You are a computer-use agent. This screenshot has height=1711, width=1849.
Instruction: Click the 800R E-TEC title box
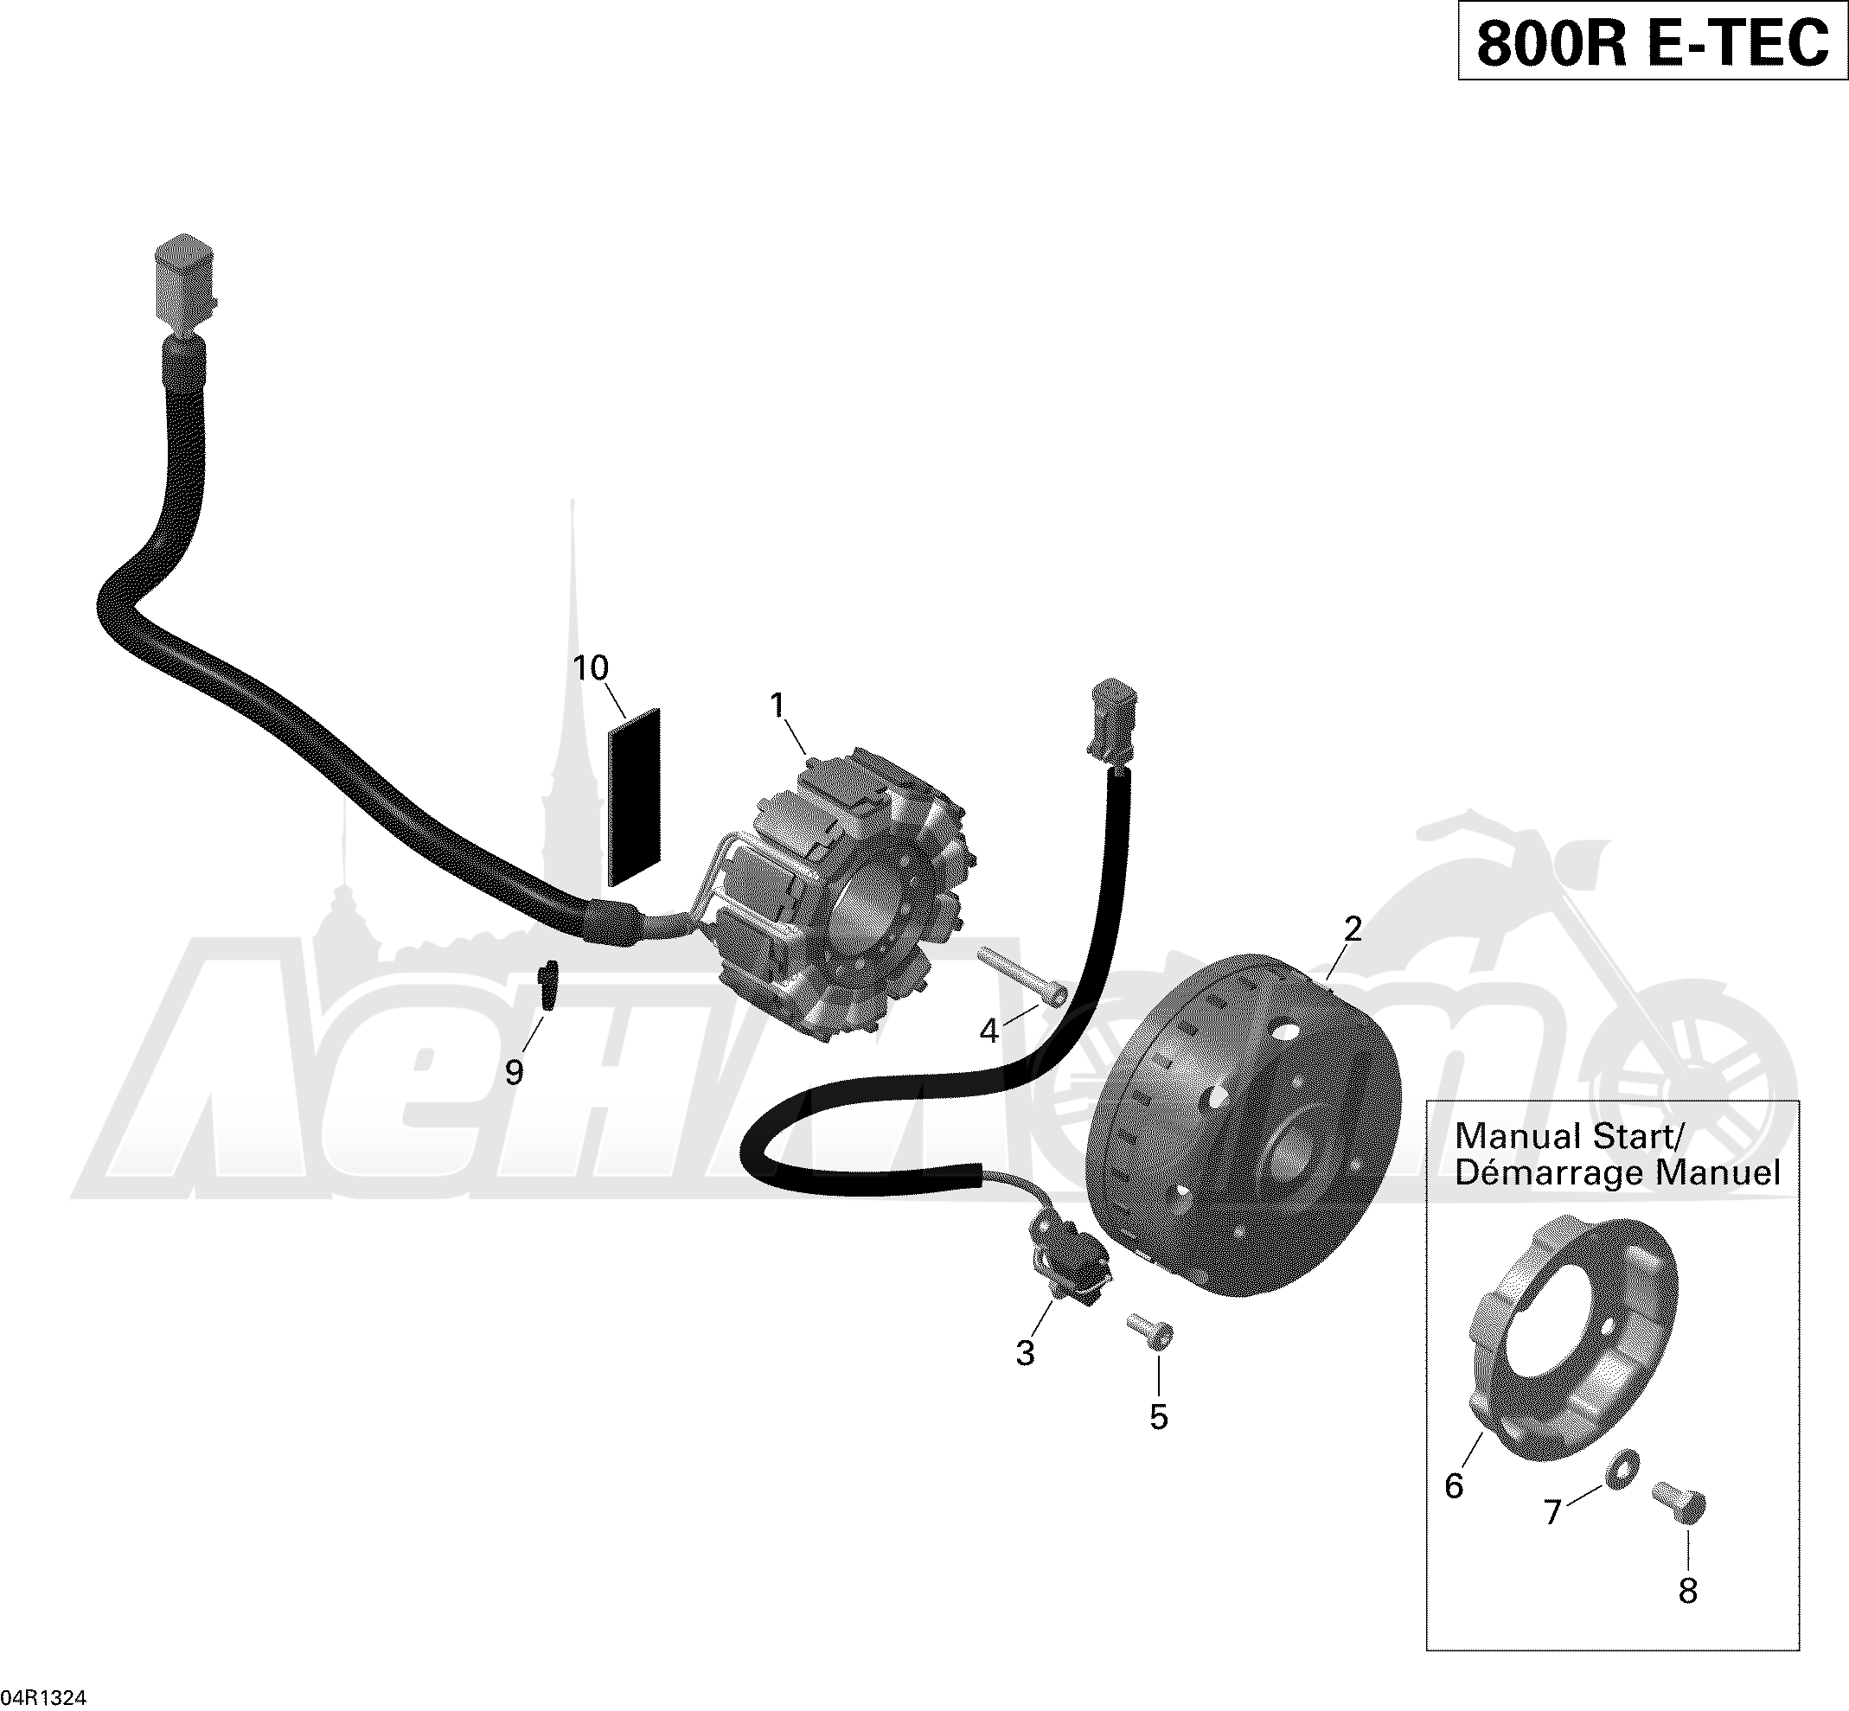[x=1653, y=41]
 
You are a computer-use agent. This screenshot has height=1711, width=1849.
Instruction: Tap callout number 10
[x=591, y=667]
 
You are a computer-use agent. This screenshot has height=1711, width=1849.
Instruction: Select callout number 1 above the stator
[x=777, y=706]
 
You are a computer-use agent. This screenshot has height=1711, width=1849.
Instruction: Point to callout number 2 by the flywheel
[x=1353, y=929]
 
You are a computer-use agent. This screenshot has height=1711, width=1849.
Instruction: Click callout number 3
[x=1025, y=1353]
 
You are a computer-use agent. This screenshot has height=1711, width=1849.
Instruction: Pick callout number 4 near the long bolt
[x=989, y=1031]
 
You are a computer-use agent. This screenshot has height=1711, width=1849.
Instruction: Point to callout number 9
[x=514, y=1072]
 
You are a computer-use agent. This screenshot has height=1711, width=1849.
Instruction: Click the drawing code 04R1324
[x=43, y=1697]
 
